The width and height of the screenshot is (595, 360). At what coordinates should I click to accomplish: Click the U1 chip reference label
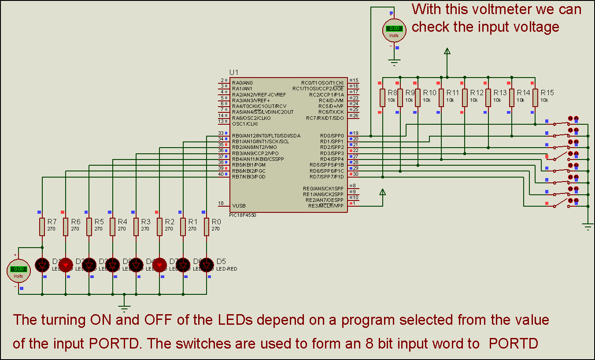tap(234, 72)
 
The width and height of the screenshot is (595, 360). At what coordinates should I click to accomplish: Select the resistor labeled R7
tap(42, 226)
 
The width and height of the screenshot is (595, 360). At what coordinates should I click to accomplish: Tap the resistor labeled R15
tap(535, 97)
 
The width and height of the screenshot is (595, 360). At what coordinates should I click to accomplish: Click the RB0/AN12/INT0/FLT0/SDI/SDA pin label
tap(266, 136)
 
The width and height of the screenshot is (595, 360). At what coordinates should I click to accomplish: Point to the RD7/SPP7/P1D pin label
tap(326, 177)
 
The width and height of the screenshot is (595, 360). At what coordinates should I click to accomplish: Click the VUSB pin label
tap(239, 206)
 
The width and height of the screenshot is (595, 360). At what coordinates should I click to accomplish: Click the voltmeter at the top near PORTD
tap(394, 29)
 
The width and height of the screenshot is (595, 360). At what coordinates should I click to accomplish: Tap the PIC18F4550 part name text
tap(243, 215)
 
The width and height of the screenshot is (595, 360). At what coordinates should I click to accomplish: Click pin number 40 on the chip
tap(221, 174)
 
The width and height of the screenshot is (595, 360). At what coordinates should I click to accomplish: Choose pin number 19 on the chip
tap(355, 133)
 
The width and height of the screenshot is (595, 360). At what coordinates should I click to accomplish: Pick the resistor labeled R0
tap(206, 226)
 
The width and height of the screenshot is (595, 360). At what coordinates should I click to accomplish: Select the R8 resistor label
tap(393, 93)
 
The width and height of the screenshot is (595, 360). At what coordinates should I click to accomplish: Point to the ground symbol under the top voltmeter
tap(395, 62)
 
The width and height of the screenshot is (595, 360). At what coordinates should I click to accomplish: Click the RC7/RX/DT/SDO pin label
tap(325, 118)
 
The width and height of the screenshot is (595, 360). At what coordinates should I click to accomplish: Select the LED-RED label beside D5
tap(227, 268)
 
